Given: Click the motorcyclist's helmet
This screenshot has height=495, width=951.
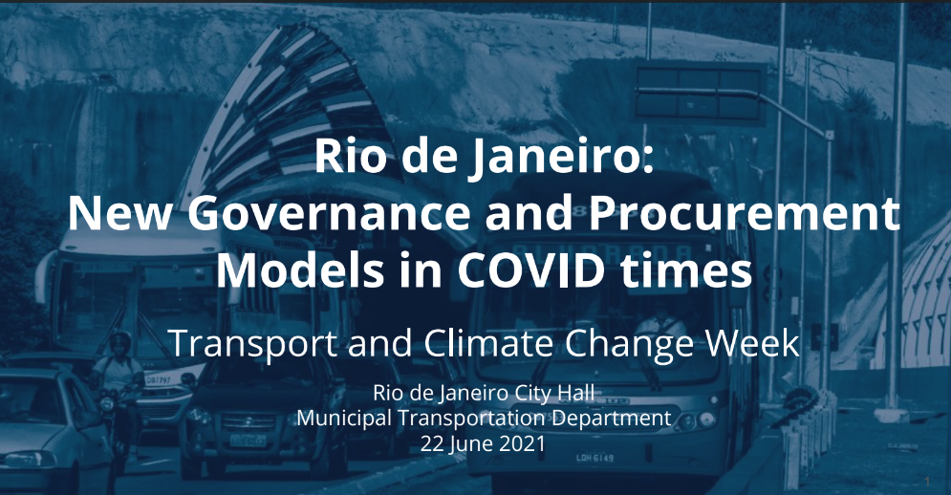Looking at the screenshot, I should pos(119,341).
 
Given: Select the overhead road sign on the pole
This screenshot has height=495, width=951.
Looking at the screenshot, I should pos(701,92).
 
